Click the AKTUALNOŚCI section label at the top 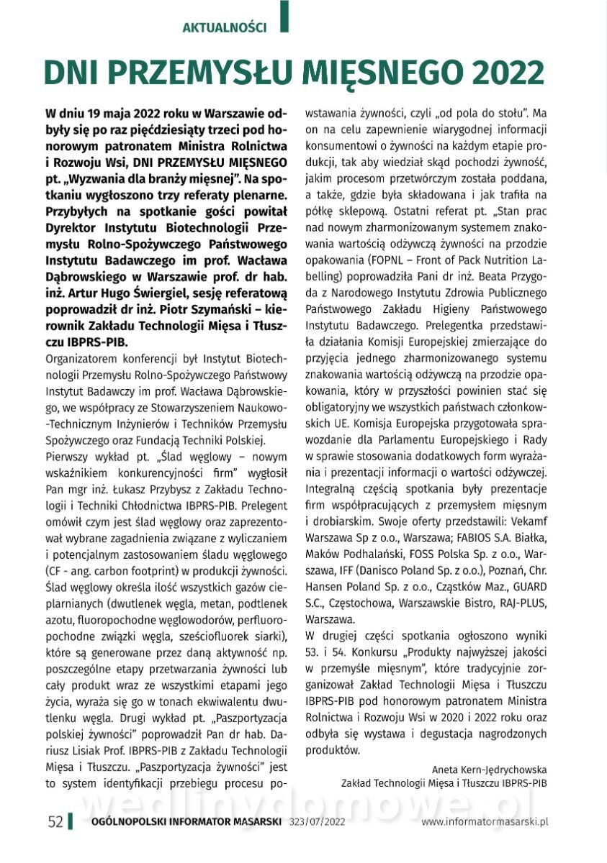point(225,28)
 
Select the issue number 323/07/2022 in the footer point(318,822)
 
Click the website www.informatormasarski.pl point(485,822)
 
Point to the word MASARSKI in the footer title point(248,822)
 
